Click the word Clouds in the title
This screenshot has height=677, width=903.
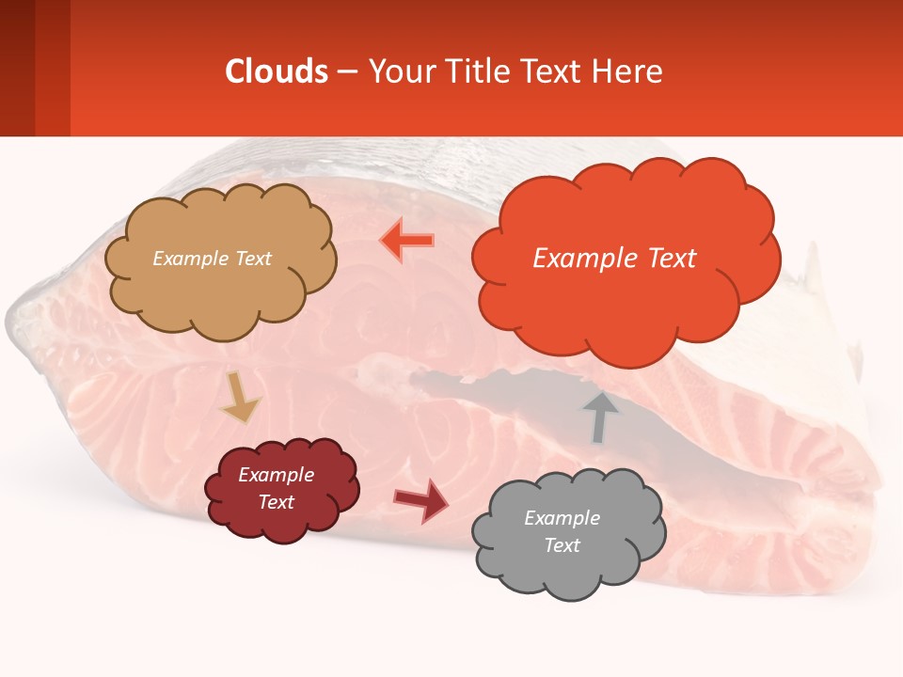coord(276,71)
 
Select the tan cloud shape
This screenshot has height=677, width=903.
coord(218,282)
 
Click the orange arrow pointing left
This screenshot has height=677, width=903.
coord(407,241)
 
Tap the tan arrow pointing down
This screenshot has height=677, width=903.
coord(240,397)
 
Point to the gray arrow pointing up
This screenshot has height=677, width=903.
coord(599,417)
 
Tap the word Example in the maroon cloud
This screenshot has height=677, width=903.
coord(276,475)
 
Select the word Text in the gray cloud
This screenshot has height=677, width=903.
coord(562,545)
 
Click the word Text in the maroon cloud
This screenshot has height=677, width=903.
coord(276,502)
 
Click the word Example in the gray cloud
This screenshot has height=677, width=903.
coord(562,518)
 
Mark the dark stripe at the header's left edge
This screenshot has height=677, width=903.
coord(17,68)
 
